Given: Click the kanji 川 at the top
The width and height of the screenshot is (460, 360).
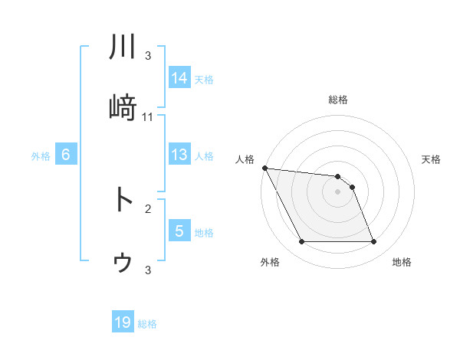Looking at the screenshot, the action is pos(123,47).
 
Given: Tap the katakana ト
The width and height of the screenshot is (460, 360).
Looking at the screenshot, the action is pos(123,199).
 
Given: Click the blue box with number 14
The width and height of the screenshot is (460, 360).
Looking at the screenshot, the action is pos(179,77).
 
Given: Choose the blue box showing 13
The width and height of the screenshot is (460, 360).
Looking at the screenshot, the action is pos(179,155).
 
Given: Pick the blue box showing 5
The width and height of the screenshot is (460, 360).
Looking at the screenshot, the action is pos(179,231).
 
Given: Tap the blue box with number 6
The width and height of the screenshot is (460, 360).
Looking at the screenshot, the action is pos(66,155).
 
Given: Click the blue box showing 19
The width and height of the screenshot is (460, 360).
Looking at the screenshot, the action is pos(123,322).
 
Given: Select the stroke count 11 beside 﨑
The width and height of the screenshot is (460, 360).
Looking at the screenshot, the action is pos(148,117).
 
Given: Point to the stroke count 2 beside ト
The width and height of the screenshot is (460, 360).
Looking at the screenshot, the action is pos(148,208).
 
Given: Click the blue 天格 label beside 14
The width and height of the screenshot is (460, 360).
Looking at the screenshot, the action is pos(204,79).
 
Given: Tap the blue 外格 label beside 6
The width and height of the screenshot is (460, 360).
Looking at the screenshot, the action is pos(41,156).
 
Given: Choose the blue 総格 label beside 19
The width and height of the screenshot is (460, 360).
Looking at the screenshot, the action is pos(147,324).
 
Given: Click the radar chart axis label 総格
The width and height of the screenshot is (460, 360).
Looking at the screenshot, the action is pos(338,100).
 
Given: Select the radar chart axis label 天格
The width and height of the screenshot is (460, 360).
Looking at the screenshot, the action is pos(432,159).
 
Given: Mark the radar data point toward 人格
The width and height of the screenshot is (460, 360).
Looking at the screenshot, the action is pos(264,168).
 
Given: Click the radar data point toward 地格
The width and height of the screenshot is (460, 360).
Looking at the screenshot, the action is pos(374,242).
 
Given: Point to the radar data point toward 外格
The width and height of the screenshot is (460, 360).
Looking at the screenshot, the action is pos(301,242).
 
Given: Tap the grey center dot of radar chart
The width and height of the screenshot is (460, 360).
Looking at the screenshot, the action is pos(338,191).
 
